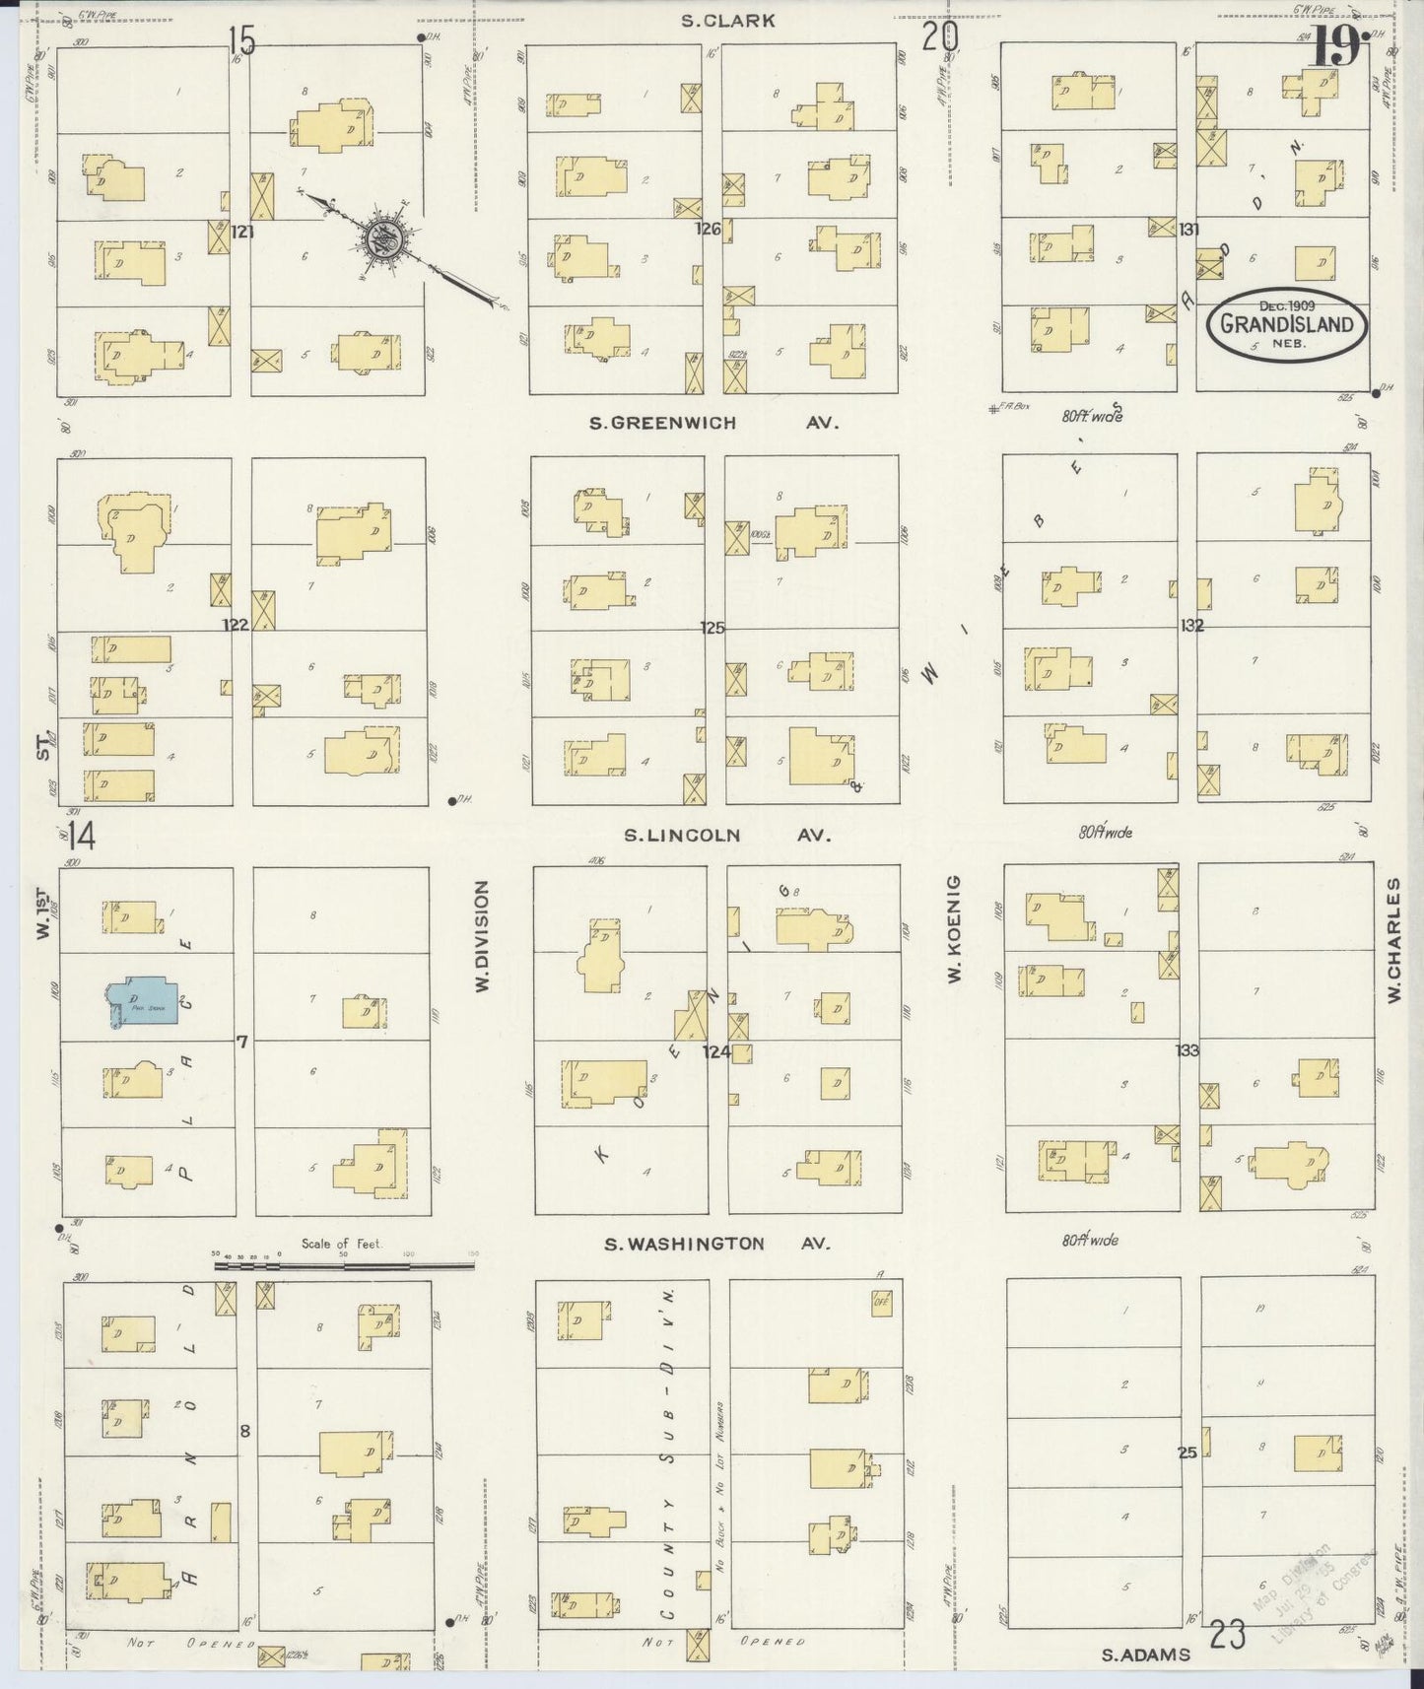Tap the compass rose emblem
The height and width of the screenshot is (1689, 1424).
click(x=382, y=237)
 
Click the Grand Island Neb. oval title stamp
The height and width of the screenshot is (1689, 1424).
click(x=1287, y=324)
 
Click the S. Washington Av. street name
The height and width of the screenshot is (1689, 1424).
click(x=716, y=1244)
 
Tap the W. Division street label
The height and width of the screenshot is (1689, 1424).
click(x=482, y=936)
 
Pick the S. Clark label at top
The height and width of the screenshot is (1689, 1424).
click(x=728, y=20)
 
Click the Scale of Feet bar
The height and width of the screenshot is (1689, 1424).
click(x=344, y=1264)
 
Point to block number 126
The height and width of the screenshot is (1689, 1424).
click(x=708, y=230)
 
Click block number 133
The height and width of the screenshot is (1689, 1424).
click(x=1187, y=1050)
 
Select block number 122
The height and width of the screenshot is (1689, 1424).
click(x=235, y=625)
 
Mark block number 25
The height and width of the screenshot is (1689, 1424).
click(x=1187, y=1452)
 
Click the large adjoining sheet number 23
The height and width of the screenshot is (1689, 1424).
click(x=1228, y=1635)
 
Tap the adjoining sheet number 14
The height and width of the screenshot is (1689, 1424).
click(x=82, y=837)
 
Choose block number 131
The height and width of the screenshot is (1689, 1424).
click(x=1188, y=230)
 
